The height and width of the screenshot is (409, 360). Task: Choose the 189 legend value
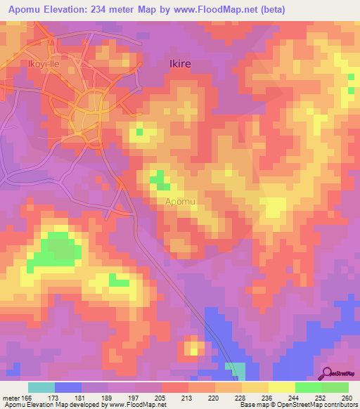tap(108, 397)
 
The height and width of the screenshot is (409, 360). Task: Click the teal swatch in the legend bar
tap(41, 387)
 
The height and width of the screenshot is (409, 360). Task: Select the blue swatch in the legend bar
tap(68, 387)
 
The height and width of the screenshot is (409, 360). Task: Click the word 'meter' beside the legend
tap(10, 397)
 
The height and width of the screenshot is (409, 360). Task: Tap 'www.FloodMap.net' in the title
tap(229, 10)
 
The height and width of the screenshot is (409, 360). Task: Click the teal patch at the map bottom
tap(237, 371)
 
